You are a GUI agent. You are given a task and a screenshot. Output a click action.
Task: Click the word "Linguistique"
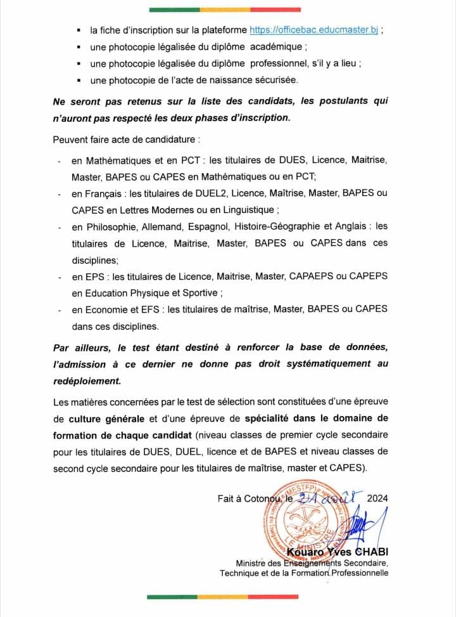point(245,209)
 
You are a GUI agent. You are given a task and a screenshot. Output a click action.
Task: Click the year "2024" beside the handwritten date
point(377,498)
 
